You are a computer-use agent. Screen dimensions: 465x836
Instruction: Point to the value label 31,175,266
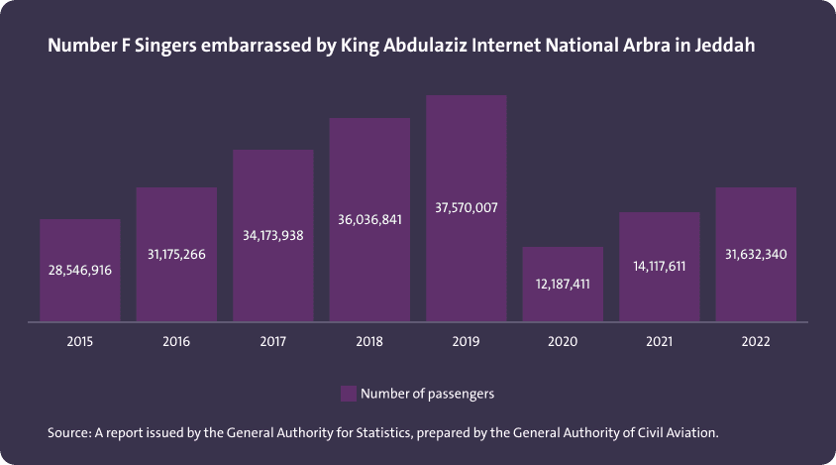(x=176, y=255)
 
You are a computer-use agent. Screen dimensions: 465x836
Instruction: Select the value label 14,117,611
(x=659, y=266)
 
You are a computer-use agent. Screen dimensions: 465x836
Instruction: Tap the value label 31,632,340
(x=756, y=255)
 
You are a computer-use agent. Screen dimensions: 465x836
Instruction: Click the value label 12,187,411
(x=563, y=284)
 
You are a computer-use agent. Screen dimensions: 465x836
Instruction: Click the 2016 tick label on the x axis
(x=176, y=341)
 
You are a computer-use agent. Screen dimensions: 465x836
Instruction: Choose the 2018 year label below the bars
(x=369, y=341)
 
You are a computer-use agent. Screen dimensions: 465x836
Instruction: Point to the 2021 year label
(x=659, y=341)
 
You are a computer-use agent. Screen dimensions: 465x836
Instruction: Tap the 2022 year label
(x=756, y=341)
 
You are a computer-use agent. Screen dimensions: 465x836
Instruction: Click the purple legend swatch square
(x=348, y=394)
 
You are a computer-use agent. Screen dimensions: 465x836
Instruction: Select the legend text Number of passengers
(x=427, y=394)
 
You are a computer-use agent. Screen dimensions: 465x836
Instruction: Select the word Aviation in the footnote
(x=689, y=433)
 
